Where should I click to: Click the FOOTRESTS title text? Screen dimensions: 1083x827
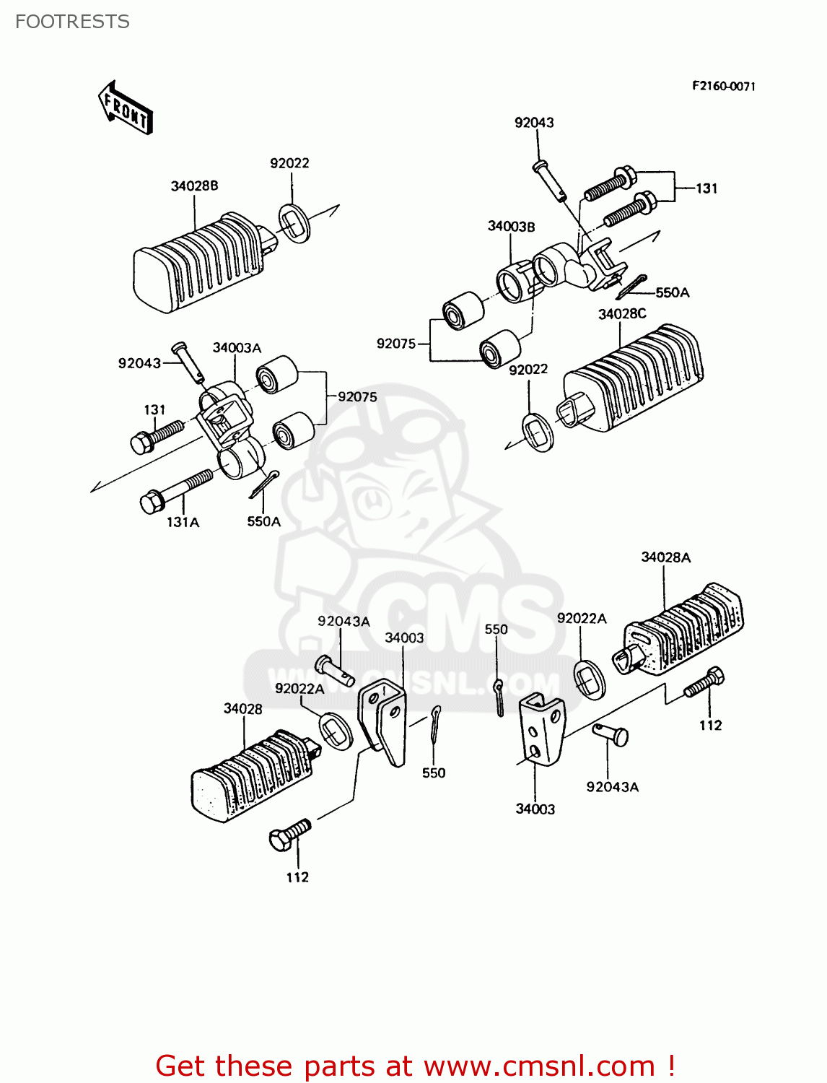pyautogui.click(x=72, y=22)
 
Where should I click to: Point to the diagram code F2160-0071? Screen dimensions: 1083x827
pyautogui.click(x=723, y=86)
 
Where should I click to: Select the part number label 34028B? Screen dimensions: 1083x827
pyautogui.click(x=194, y=186)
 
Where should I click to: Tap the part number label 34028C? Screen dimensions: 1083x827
pyautogui.click(x=621, y=313)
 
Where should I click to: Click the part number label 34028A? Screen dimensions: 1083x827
pyautogui.click(x=665, y=557)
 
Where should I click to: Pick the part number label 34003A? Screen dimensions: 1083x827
pyautogui.click(x=236, y=347)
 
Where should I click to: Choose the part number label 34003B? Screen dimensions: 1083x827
pyautogui.click(x=511, y=226)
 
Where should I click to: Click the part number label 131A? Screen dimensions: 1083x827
pyautogui.click(x=183, y=521)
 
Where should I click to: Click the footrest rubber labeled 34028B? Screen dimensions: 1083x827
pyautogui.click(x=198, y=264)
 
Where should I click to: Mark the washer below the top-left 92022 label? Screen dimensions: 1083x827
pyautogui.click(x=294, y=223)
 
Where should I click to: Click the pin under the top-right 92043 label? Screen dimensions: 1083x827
pyautogui.click(x=549, y=180)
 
